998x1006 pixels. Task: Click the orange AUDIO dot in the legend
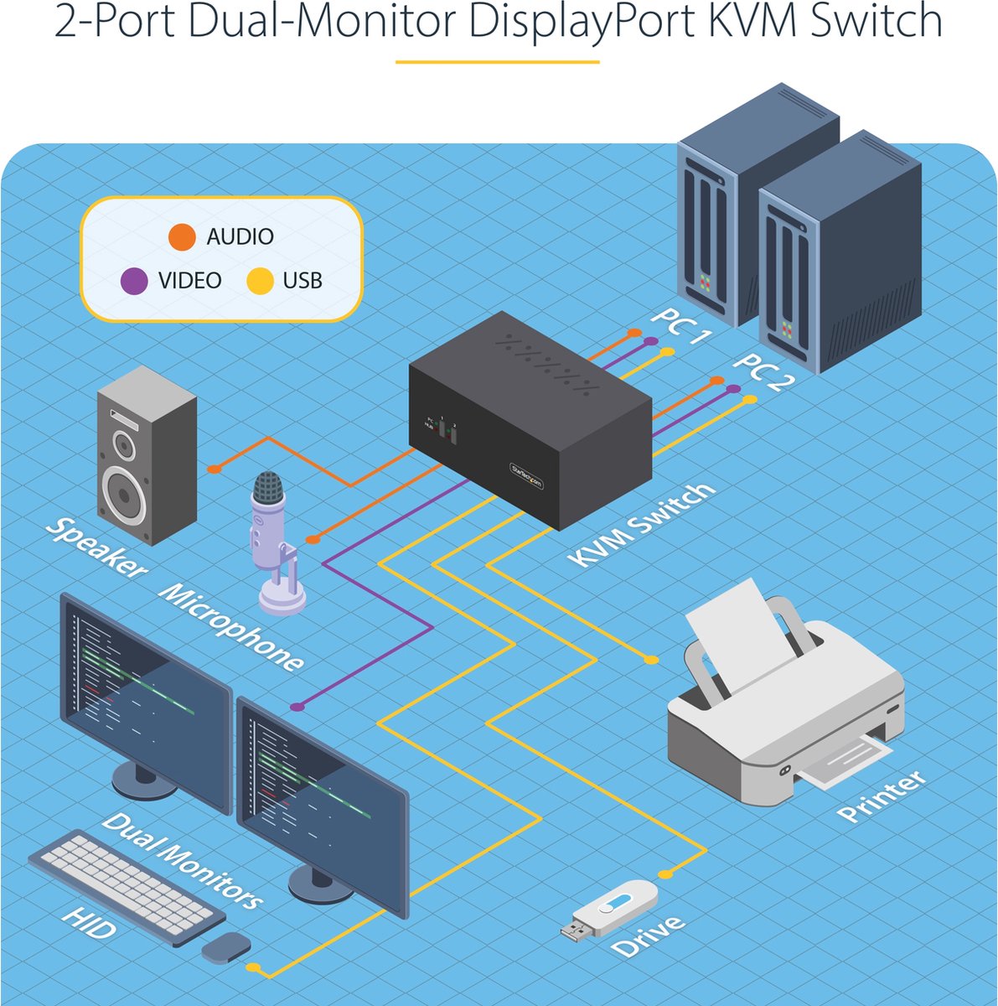coord(181,237)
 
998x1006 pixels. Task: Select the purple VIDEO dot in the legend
coord(134,281)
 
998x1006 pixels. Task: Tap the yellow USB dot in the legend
coord(260,281)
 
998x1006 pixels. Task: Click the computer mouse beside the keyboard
coord(226,947)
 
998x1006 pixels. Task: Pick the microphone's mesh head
coord(269,488)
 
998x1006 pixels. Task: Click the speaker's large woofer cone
coord(125,494)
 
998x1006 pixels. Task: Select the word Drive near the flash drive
coord(649,937)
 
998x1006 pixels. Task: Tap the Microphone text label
coord(231,627)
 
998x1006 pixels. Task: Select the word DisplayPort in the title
coord(578,23)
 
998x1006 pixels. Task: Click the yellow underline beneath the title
coord(498,61)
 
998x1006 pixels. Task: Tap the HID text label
coord(89,922)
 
